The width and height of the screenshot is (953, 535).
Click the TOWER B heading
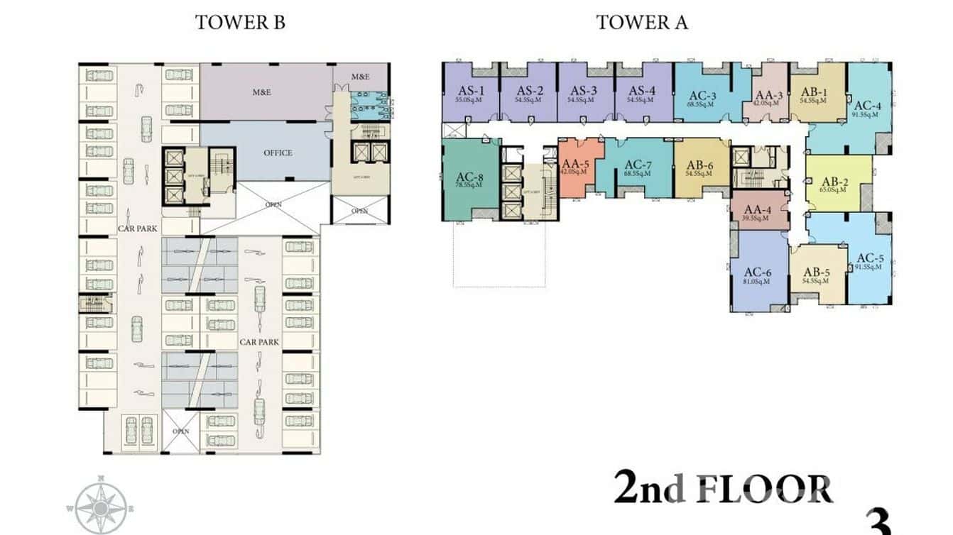coord(240,22)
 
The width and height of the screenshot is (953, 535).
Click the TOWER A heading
coord(641,22)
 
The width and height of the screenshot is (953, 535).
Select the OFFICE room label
coord(278,153)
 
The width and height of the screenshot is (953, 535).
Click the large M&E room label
coord(263,92)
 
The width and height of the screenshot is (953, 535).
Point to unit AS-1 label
coord(472,91)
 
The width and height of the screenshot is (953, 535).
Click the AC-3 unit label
coord(702,96)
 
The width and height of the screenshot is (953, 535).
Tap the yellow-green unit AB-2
coord(839,180)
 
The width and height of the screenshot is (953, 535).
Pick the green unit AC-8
coord(470,177)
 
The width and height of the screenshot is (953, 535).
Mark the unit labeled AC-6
coord(758,272)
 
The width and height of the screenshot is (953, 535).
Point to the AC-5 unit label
coord(870,258)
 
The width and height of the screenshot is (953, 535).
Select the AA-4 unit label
coord(758,210)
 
